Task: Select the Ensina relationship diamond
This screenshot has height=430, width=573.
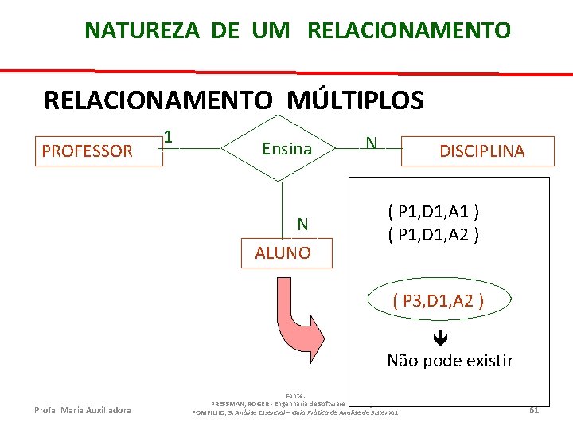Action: click(286, 148)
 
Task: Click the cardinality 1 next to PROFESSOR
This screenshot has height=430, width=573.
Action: click(169, 137)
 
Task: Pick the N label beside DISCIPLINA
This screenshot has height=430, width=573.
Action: click(371, 143)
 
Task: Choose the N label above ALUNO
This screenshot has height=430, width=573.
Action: click(302, 224)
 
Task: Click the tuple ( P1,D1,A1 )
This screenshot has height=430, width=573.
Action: click(432, 212)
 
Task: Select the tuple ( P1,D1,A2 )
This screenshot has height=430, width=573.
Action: click(432, 236)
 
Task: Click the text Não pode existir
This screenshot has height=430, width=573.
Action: click(450, 361)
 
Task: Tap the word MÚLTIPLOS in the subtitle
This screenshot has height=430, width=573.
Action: click(355, 100)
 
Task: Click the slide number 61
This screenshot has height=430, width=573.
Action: click(534, 410)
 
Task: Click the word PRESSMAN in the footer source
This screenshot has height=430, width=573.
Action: click(232, 404)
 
